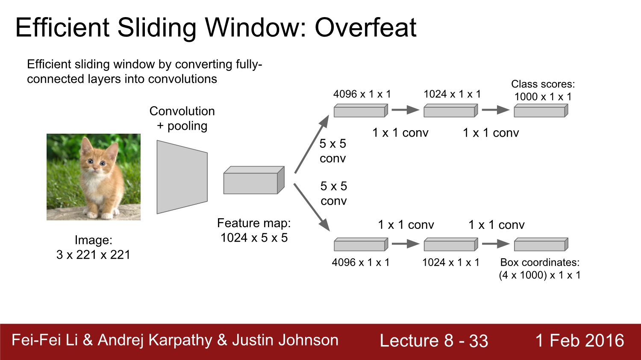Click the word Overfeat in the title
coord(365,28)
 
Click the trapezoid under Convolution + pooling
coord(182,177)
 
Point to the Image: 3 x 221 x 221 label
coord(93,248)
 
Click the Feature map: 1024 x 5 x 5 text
coord(254,231)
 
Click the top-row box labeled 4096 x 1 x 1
coord(361,111)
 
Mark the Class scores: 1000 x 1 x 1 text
coord(543,91)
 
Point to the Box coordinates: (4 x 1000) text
coord(540,269)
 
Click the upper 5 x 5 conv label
coord(332,151)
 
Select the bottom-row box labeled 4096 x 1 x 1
coord(361,245)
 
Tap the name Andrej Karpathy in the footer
coord(155,340)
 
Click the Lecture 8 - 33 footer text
coord(434,341)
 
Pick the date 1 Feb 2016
coord(579,341)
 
